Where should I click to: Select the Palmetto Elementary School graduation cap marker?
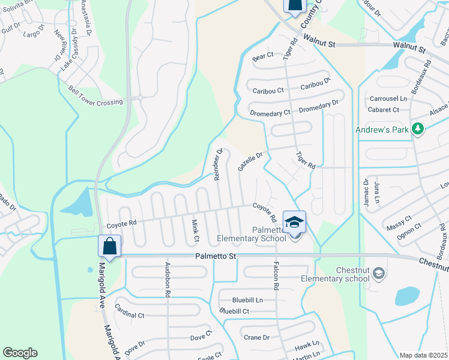(x=294, y=222)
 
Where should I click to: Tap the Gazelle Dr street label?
(x=250, y=161)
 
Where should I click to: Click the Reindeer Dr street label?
(x=218, y=164)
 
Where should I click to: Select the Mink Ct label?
(x=195, y=231)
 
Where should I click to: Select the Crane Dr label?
(x=257, y=337)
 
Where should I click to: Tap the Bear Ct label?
(x=263, y=56)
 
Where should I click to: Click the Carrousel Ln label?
(x=388, y=98)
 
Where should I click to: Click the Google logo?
(x=20, y=353)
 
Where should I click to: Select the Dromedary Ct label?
(x=271, y=112)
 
